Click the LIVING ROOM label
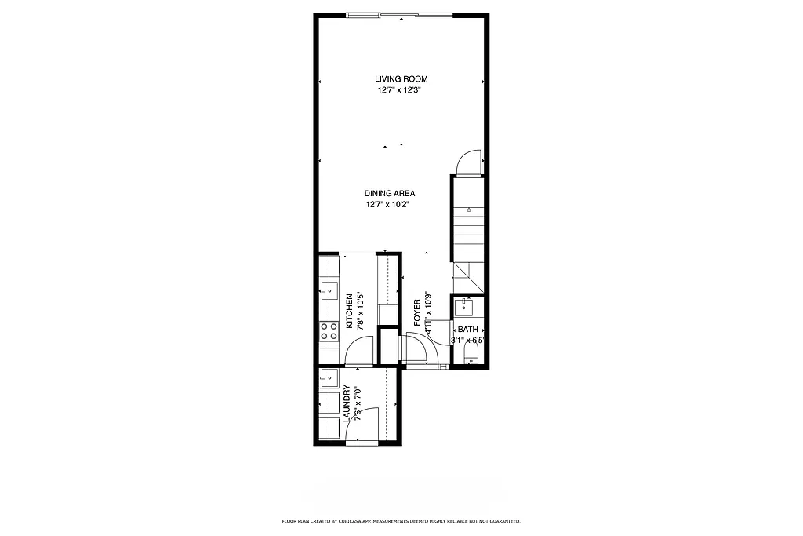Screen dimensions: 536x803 pos(401,78)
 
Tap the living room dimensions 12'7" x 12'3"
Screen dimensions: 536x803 pos(401,90)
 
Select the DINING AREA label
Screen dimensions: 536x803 pos(389,193)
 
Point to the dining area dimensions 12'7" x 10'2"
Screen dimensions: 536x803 pos(389,204)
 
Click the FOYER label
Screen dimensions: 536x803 pos(417,312)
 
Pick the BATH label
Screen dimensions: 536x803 pos(467,330)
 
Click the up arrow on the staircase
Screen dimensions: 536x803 pos(468,210)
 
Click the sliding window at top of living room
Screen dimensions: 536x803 pos(400,13)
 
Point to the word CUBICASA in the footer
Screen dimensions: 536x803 pos(352,521)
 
